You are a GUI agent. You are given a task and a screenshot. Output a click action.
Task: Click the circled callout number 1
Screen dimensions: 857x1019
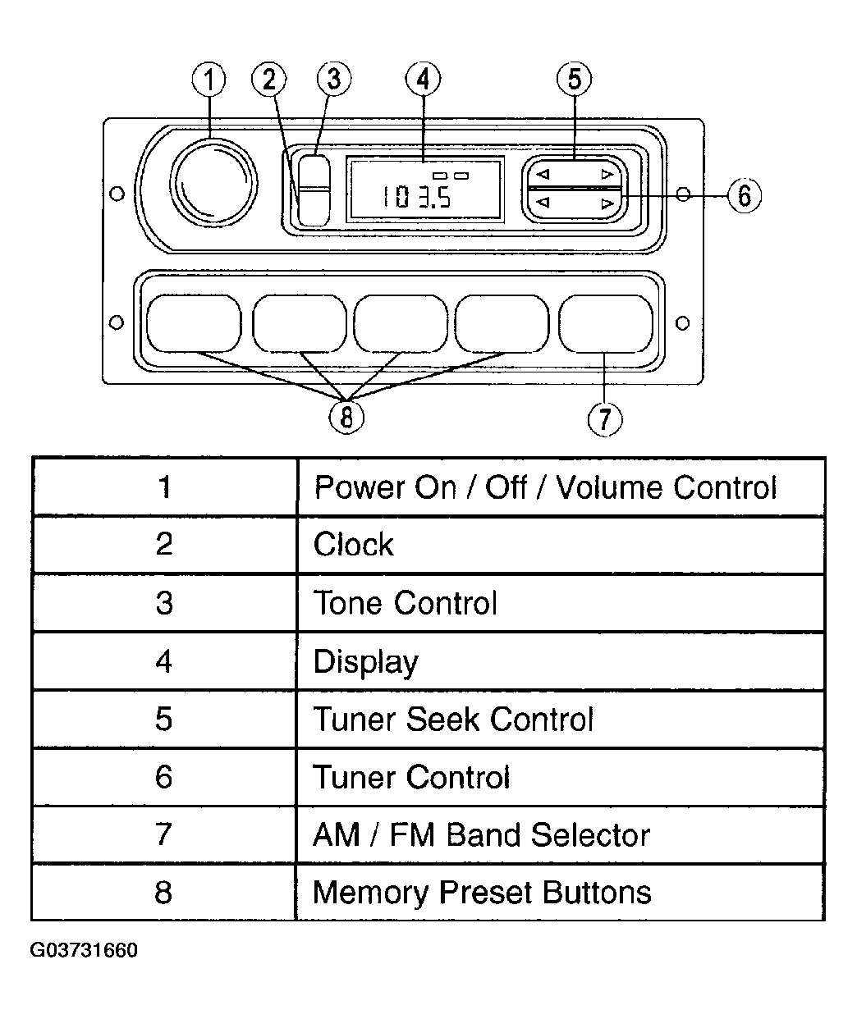pyautogui.click(x=209, y=80)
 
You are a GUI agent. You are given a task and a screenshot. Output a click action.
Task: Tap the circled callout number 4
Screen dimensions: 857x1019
pyautogui.click(x=423, y=79)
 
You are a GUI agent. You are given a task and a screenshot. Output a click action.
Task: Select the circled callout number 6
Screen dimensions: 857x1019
pyautogui.click(x=745, y=195)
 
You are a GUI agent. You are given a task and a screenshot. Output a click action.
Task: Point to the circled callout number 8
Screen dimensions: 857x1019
pyautogui.click(x=346, y=418)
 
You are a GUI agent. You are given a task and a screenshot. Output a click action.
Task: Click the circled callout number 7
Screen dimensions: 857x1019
pyautogui.click(x=605, y=418)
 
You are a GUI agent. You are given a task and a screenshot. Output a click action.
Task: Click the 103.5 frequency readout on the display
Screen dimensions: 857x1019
pyautogui.click(x=416, y=197)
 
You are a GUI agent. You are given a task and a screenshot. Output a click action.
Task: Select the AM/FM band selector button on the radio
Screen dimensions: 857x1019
pyautogui.click(x=606, y=323)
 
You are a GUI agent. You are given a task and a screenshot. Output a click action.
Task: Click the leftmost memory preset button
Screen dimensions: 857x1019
pyautogui.click(x=194, y=323)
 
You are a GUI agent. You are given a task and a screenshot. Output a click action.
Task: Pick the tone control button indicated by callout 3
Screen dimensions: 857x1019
pyautogui.click(x=314, y=171)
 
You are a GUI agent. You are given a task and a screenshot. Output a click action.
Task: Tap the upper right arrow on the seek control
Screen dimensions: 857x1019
pyautogui.click(x=607, y=174)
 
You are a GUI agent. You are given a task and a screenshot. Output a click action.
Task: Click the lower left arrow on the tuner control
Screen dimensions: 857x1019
pyautogui.click(x=543, y=202)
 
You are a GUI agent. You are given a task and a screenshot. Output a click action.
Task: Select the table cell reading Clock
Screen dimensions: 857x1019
pyautogui.click(x=561, y=544)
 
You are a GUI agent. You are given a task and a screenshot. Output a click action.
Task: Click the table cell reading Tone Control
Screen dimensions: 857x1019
pyautogui.click(x=561, y=603)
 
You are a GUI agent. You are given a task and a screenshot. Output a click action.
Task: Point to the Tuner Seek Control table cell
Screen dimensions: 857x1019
pyautogui.click(x=561, y=719)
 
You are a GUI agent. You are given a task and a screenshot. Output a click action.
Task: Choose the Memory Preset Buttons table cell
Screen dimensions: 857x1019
pyautogui.click(x=561, y=892)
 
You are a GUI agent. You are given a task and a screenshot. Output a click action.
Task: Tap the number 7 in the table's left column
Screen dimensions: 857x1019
pyautogui.click(x=163, y=834)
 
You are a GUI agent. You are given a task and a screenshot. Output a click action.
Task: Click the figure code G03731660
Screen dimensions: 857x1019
pyautogui.click(x=84, y=950)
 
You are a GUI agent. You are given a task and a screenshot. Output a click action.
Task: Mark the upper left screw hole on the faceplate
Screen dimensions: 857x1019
pyautogui.click(x=117, y=194)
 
